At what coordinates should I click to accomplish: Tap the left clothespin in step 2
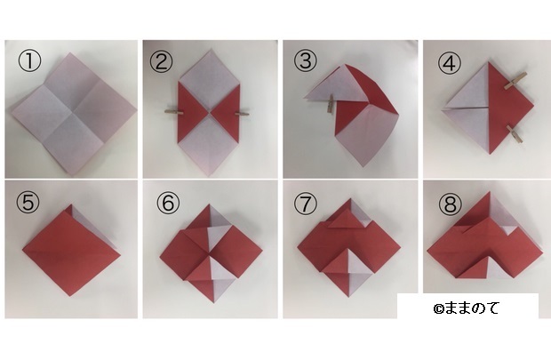(x=175, y=112)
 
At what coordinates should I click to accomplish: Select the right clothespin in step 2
(x=241, y=113)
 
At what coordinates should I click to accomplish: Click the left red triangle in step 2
(x=189, y=113)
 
